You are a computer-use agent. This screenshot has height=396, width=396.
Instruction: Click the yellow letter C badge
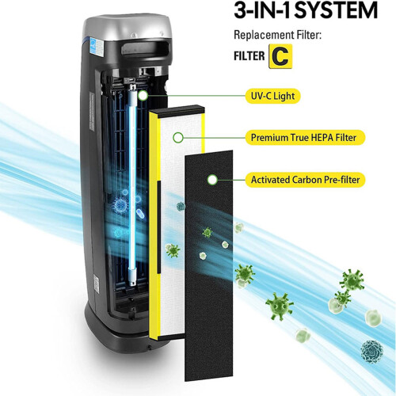point(280,56)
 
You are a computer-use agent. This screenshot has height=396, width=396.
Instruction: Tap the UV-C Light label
point(272,96)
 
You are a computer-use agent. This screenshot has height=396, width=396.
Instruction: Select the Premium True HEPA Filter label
point(305,138)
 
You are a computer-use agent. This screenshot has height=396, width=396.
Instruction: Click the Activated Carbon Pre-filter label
point(305,180)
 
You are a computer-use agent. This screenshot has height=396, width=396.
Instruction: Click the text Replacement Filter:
point(277,35)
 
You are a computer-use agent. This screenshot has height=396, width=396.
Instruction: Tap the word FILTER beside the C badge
point(249,56)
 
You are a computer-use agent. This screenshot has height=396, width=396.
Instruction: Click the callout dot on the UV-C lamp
point(143,96)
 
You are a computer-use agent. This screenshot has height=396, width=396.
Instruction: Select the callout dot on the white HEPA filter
point(178,138)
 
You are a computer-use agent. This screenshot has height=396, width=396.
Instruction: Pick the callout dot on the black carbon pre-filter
point(212,180)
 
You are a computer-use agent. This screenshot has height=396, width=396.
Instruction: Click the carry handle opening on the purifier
point(145,49)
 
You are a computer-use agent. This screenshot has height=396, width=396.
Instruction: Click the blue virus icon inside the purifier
point(120,205)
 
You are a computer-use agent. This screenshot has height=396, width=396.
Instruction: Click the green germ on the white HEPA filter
point(173,250)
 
